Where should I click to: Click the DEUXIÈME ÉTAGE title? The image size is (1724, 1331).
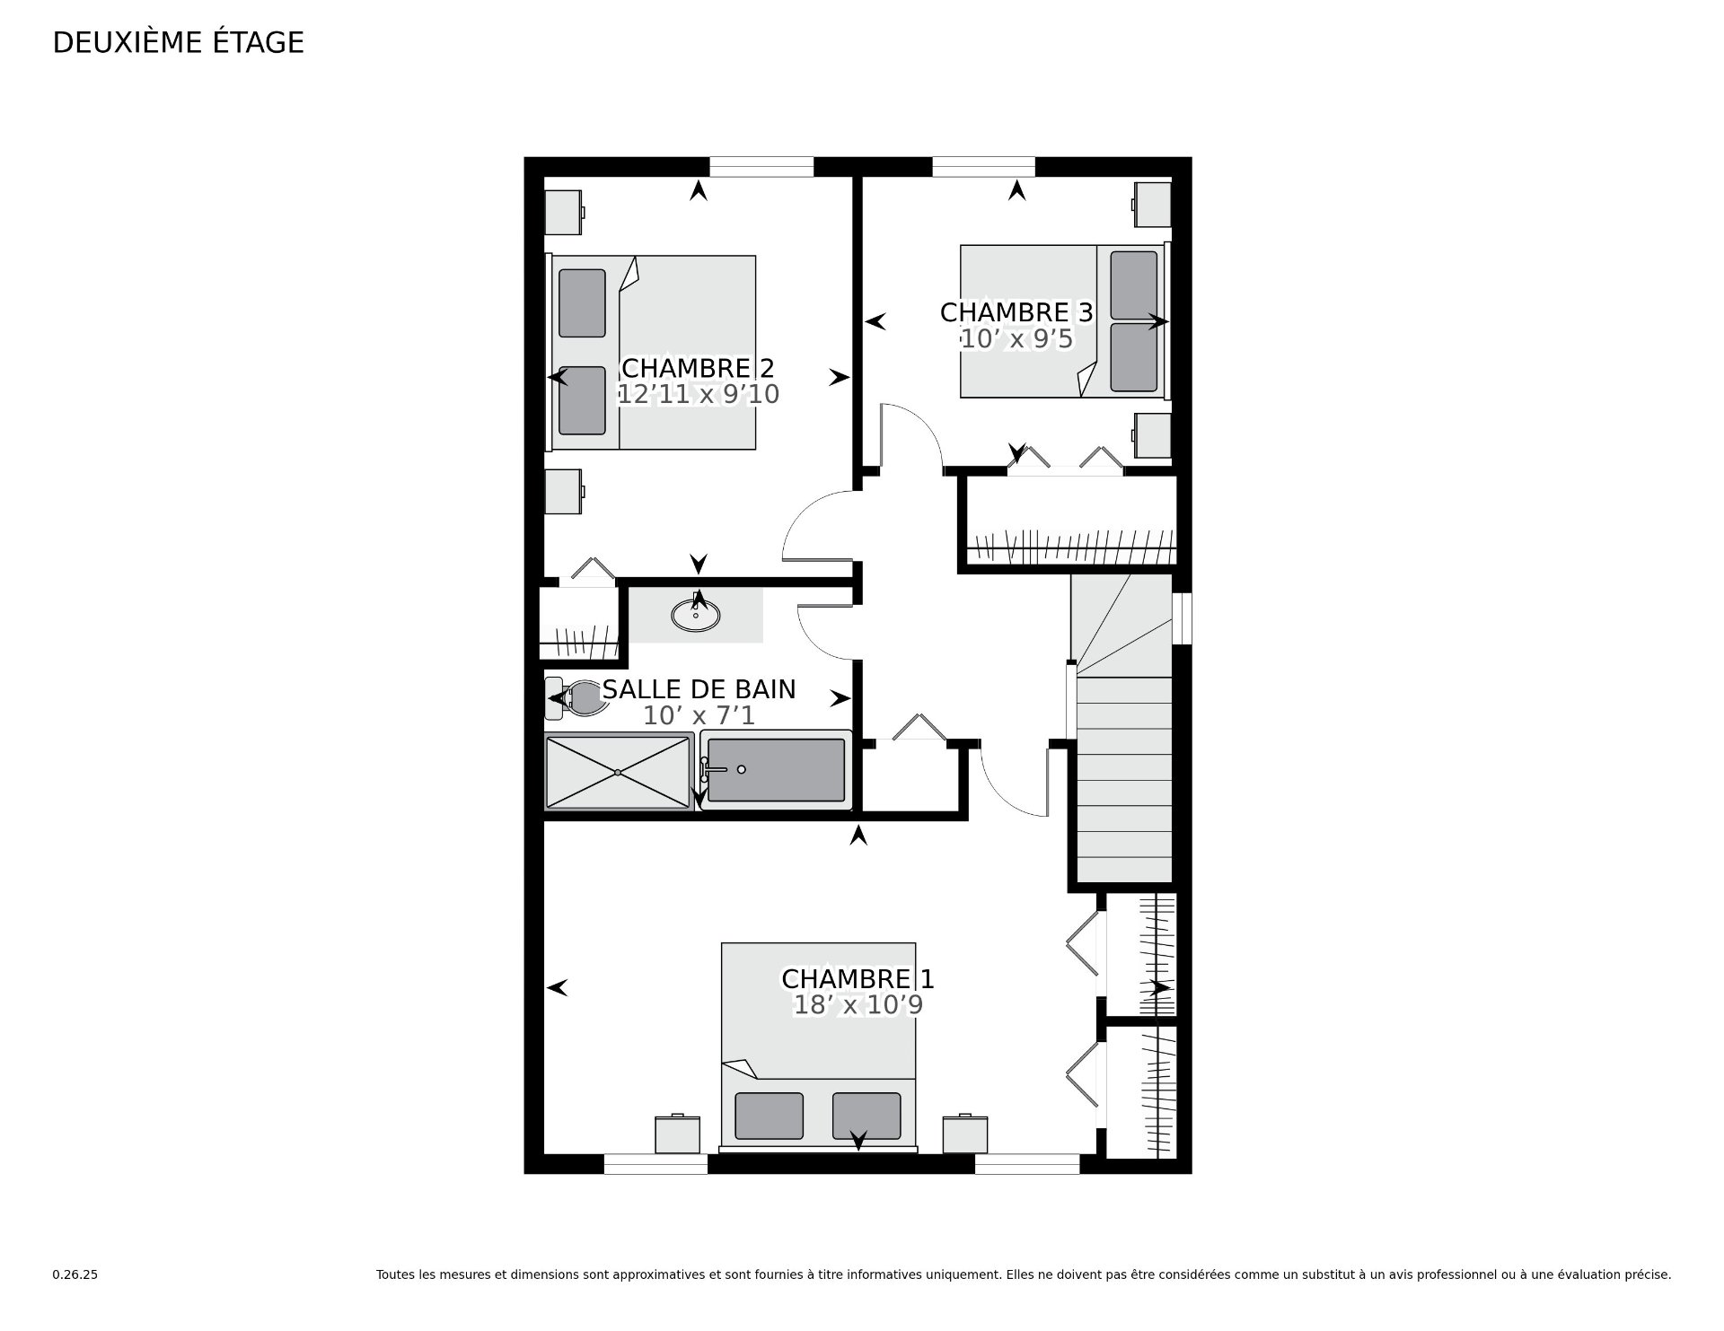click(179, 42)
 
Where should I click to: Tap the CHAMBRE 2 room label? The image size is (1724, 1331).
click(698, 368)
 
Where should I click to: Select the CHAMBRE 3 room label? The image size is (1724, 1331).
click(1016, 312)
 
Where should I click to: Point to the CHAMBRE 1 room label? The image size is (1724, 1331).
click(858, 978)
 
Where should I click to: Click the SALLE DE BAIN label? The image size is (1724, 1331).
click(699, 689)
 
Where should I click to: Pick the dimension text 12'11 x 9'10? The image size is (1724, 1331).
click(699, 394)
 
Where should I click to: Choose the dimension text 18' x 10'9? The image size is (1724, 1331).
click(858, 1004)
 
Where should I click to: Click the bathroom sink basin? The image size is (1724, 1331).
click(695, 615)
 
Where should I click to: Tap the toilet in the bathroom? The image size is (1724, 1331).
click(572, 698)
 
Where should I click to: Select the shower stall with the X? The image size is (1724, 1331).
click(619, 771)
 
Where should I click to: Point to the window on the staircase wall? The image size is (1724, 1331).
click(1182, 618)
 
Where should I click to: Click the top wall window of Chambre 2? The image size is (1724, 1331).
click(761, 167)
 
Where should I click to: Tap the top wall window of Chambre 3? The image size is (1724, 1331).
click(983, 167)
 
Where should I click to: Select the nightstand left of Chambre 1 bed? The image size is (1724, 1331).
click(677, 1134)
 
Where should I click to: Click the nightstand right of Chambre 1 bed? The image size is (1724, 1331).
click(965, 1134)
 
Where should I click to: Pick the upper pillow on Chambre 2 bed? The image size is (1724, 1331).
click(582, 303)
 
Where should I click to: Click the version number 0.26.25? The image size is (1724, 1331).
click(75, 1274)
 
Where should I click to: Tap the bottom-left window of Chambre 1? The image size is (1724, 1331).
click(655, 1164)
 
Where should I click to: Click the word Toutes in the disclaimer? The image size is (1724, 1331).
click(395, 1274)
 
